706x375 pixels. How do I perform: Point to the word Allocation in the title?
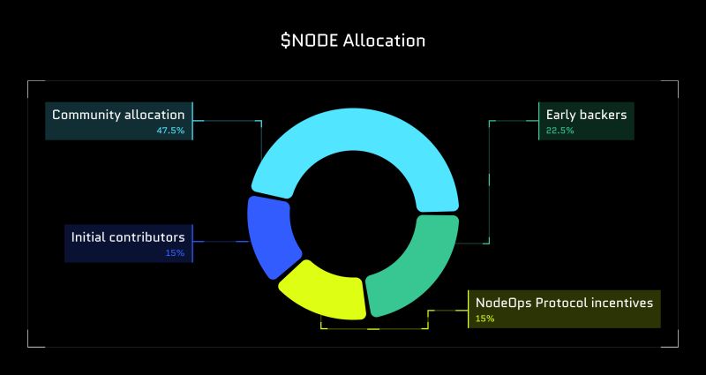click(x=385, y=41)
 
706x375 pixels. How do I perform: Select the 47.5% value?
click(x=170, y=131)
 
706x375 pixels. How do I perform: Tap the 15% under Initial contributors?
click(x=175, y=253)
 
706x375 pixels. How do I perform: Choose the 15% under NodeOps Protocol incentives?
click(x=484, y=319)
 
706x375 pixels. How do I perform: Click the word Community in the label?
click(x=86, y=115)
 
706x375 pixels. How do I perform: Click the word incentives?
click(x=623, y=303)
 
